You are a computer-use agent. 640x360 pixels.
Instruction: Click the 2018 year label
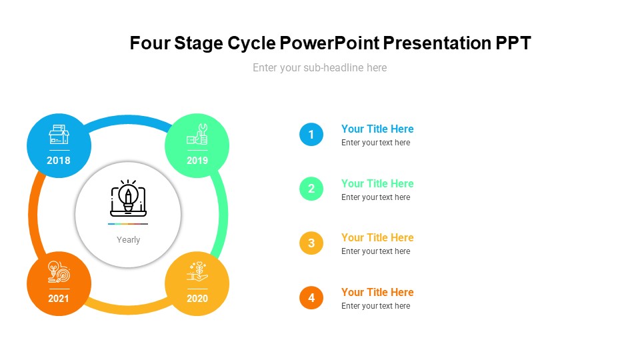pyautogui.click(x=59, y=160)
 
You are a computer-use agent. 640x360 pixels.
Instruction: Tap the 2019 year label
pyautogui.click(x=197, y=160)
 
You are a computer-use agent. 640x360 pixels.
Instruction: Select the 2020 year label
pyautogui.click(x=197, y=298)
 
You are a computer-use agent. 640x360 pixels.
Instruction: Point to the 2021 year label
pyautogui.click(x=59, y=298)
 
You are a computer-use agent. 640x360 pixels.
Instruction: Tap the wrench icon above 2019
pyautogui.click(x=197, y=135)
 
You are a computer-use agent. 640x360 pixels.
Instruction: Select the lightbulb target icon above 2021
pyautogui.click(x=59, y=272)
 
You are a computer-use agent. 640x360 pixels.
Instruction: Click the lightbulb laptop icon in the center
pyautogui.click(x=128, y=198)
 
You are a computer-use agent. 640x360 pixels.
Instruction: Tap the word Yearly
pyautogui.click(x=129, y=240)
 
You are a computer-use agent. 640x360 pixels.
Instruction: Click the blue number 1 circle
pyautogui.click(x=311, y=135)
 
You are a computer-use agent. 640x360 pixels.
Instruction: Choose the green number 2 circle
pyautogui.click(x=311, y=189)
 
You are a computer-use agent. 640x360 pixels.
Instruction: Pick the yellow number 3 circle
pyautogui.click(x=311, y=243)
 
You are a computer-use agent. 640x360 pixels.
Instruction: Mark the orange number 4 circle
pyautogui.click(x=311, y=297)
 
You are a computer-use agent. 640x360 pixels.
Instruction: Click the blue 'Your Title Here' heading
pyautogui.click(x=377, y=129)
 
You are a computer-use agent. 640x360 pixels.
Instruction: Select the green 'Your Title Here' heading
pyautogui.click(x=377, y=183)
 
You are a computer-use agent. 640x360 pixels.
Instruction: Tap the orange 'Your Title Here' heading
pyautogui.click(x=377, y=292)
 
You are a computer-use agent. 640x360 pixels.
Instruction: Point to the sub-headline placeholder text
pyautogui.click(x=319, y=67)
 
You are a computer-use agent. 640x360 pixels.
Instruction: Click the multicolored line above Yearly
pyautogui.click(x=128, y=224)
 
